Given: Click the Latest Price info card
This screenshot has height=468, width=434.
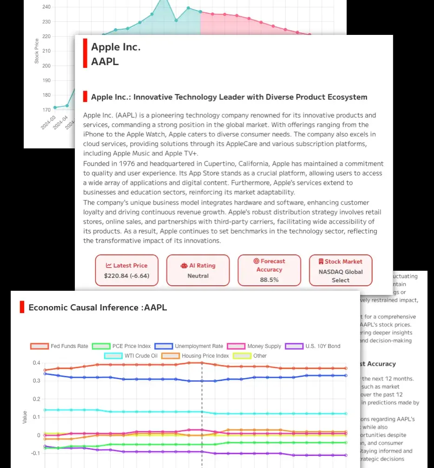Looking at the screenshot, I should click(x=126, y=270).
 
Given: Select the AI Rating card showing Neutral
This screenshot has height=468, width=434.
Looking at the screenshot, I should click(x=198, y=270).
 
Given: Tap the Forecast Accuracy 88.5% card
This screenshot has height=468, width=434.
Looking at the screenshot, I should click(x=269, y=270).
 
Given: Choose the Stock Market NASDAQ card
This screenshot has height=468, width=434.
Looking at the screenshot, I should click(x=341, y=270).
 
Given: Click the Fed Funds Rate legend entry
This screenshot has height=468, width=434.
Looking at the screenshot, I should click(x=59, y=346).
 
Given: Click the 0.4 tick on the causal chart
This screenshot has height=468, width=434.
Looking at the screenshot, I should click(x=36, y=363).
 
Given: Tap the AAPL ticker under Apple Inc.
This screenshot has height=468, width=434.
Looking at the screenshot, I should click(x=105, y=61).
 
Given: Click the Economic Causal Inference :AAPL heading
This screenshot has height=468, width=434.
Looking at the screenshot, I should click(x=98, y=308).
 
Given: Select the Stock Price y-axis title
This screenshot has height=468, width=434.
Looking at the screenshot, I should click(x=37, y=51).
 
